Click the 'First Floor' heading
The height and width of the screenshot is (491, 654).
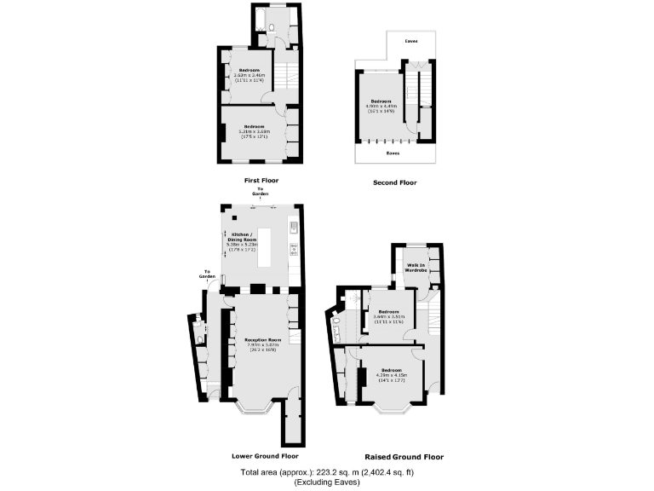pyautogui.click(x=261, y=181)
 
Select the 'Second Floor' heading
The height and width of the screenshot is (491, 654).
pyautogui.click(x=394, y=182)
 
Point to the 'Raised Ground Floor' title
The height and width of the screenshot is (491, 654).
pyautogui.click(x=404, y=457)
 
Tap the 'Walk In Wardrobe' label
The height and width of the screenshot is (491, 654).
pyautogui.click(x=416, y=268)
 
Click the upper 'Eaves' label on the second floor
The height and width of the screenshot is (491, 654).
pyautogui.click(x=410, y=40)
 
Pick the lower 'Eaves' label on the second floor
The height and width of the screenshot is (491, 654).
pyautogui.click(x=393, y=154)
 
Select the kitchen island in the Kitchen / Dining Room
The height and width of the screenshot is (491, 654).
pyautogui.click(x=264, y=246)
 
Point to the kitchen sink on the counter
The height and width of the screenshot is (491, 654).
pyautogui.click(x=293, y=227)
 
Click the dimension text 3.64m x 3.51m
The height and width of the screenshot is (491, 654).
pyautogui.click(x=389, y=317)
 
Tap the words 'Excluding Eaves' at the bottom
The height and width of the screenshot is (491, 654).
pyautogui.click(x=327, y=482)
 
